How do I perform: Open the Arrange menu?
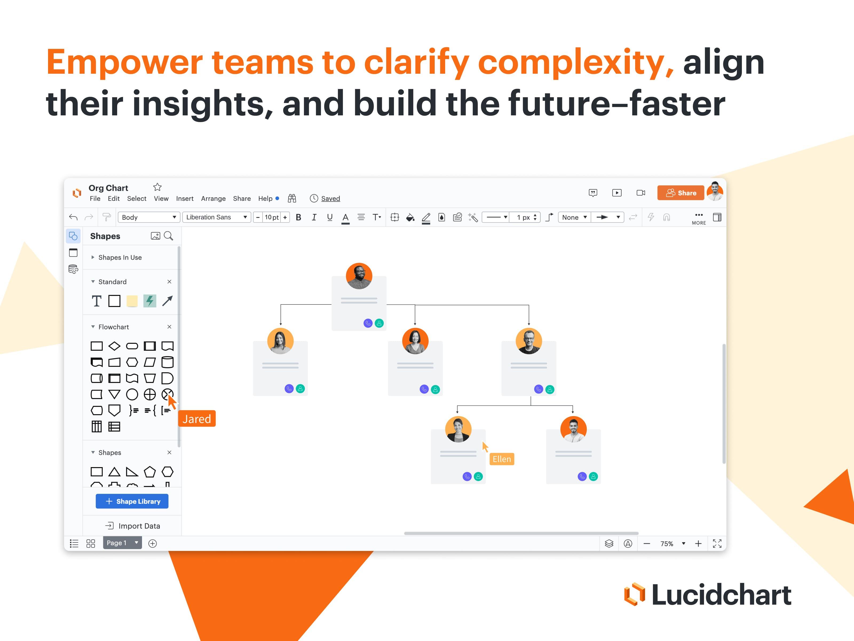tap(213, 199)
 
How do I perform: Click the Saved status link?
tap(330, 199)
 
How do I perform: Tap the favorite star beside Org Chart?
tap(157, 187)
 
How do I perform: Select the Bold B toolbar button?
tap(298, 217)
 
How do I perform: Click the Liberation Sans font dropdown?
tap(216, 217)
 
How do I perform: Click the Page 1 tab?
tap(117, 543)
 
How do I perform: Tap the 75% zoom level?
tap(667, 544)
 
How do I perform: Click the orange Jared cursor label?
tap(197, 419)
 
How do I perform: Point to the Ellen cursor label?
tap(501, 459)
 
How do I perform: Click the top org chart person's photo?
tap(359, 276)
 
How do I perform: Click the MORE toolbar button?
tap(699, 218)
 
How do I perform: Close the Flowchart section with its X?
tap(169, 327)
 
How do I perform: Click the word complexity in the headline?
tap(575, 62)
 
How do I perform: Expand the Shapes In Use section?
tap(120, 257)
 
